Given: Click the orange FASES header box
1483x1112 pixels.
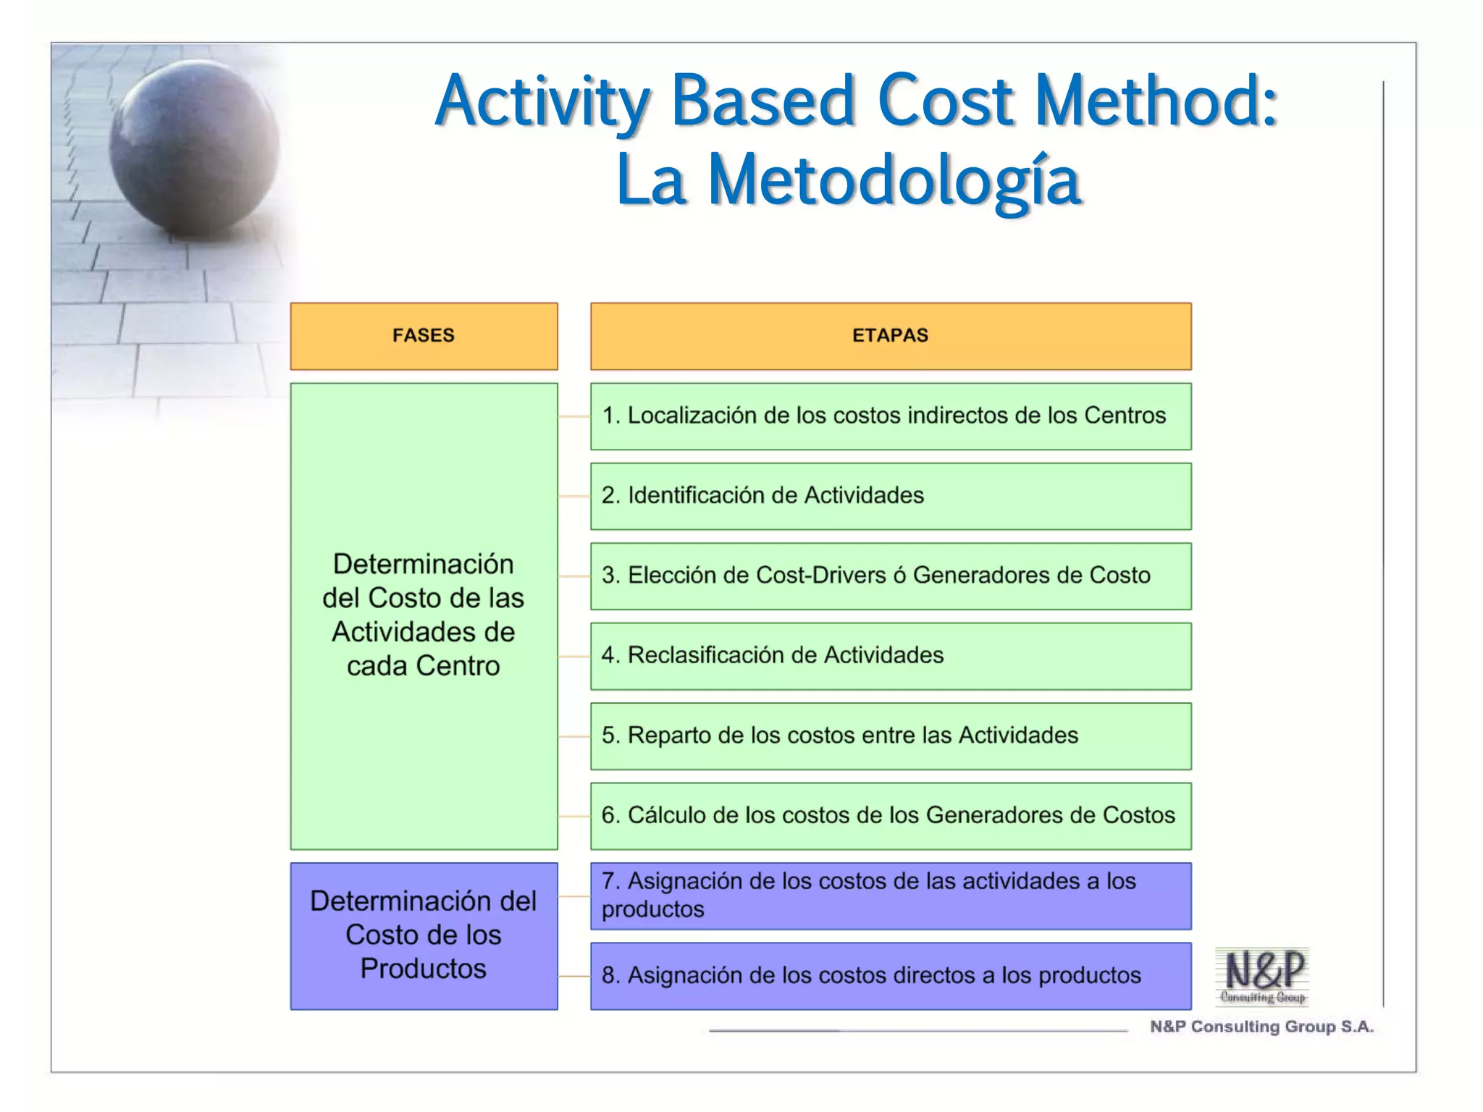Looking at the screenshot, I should click(424, 336).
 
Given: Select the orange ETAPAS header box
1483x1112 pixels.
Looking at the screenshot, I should click(890, 336).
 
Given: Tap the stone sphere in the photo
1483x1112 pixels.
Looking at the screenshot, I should click(194, 148).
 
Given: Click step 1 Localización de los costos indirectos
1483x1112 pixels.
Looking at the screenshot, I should click(890, 416).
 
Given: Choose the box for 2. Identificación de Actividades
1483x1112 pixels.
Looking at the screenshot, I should click(890, 496).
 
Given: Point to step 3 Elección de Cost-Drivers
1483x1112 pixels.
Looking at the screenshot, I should click(890, 576).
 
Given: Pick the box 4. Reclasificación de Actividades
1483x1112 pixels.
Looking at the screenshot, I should click(890, 656).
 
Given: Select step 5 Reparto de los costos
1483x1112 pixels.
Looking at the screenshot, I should click(890, 736).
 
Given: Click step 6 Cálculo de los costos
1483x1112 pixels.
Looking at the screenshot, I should click(890, 815).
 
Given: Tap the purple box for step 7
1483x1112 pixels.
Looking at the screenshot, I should click(890, 896).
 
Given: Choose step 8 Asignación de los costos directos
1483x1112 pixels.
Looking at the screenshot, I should click(890, 976).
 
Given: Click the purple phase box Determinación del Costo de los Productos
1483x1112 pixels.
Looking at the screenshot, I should click(424, 935).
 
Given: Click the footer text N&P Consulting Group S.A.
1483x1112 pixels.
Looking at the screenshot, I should click(1261, 1027).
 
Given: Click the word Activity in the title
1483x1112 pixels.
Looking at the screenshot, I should click(542, 101).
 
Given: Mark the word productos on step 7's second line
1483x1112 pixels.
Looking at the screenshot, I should click(652, 909).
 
